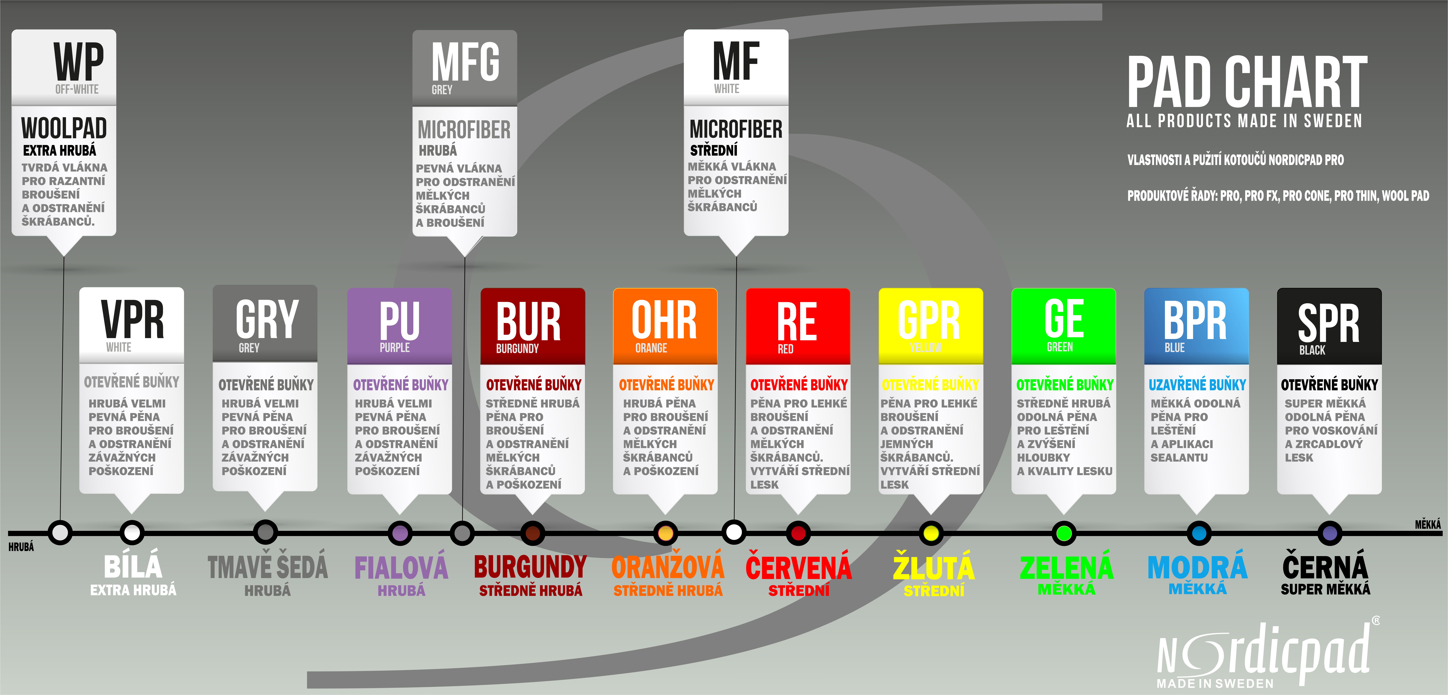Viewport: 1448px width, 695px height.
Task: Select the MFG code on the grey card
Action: [x=465, y=62]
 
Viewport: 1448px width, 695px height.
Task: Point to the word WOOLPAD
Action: [x=64, y=128]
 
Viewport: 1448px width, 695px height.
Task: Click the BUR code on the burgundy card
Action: [x=528, y=322]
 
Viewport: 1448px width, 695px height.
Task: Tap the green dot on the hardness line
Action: [x=1063, y=533]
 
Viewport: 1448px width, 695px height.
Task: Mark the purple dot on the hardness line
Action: [x=400, y=533]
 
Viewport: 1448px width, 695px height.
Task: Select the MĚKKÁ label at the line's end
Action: [x=1428, y=524]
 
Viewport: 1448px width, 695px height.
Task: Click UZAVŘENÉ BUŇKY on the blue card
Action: [x=1197, y=385]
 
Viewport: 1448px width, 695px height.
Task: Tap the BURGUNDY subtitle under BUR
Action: [x=517, y=349]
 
